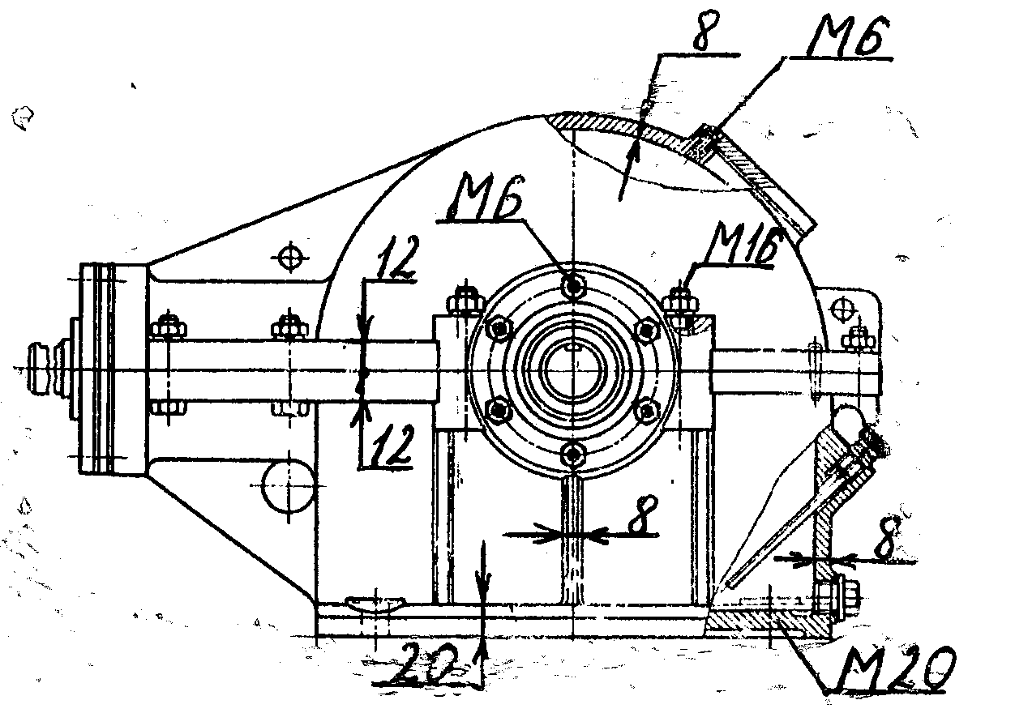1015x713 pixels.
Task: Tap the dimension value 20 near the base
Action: point(426,668)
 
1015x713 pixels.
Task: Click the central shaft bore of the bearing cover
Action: point(572,369)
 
